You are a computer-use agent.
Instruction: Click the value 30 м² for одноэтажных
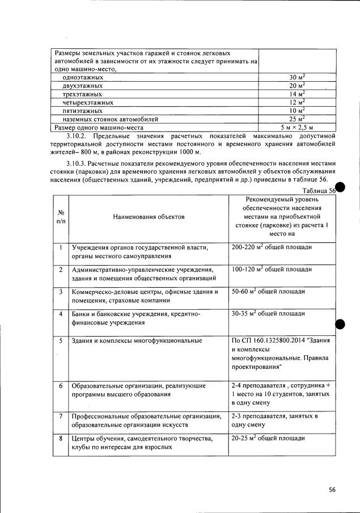coord(297,77)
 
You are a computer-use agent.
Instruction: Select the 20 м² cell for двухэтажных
coord(297,85)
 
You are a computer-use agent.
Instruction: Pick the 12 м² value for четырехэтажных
coord(297,102)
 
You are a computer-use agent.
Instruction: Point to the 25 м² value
coord(297,119)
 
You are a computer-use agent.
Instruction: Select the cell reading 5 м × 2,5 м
coord(297,128)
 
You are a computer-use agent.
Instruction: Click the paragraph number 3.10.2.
coord(78,136)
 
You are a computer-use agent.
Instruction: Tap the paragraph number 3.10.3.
coord(78,163)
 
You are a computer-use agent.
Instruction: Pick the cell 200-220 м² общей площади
coord(272,247)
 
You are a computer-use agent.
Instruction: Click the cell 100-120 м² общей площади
coord(272,269)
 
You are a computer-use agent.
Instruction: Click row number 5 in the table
coord(61,340)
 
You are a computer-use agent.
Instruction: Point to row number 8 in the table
coord(61,439)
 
